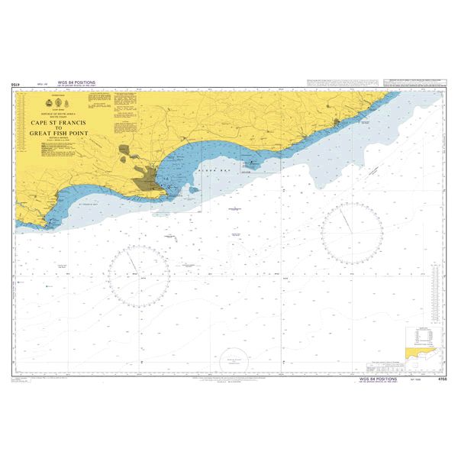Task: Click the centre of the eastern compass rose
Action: point(351,229)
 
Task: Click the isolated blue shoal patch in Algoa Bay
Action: point(194,189)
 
